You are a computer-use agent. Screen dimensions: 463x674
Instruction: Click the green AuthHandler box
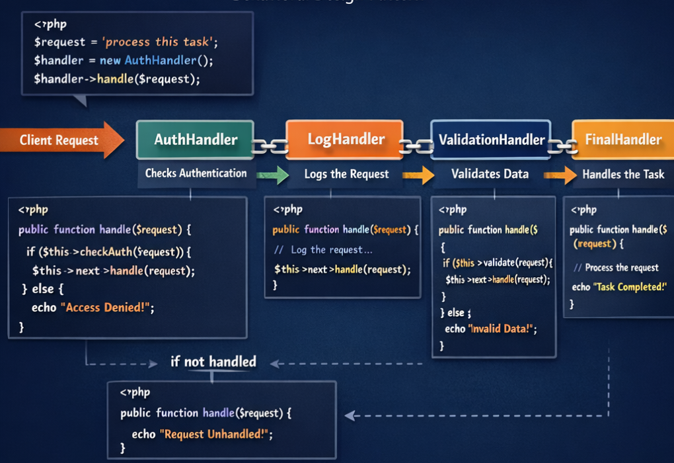pos(195,140)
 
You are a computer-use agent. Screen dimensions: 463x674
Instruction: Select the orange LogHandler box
pos(344,140)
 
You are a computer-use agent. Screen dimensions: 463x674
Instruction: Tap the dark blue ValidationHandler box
pos(490,140)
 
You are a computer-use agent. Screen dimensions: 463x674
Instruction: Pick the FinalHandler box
pos(622,140)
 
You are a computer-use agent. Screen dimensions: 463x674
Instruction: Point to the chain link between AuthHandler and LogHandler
pos(270,146)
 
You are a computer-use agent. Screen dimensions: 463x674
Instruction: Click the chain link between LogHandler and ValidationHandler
pos(416,146)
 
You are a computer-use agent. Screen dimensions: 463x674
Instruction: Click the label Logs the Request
pos(346,175)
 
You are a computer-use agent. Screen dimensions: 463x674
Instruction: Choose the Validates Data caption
pos(490,174)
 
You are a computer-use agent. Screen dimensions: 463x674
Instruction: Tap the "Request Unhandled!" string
pos(215,435)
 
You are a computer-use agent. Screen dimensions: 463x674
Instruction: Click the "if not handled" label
pos(213,362)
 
